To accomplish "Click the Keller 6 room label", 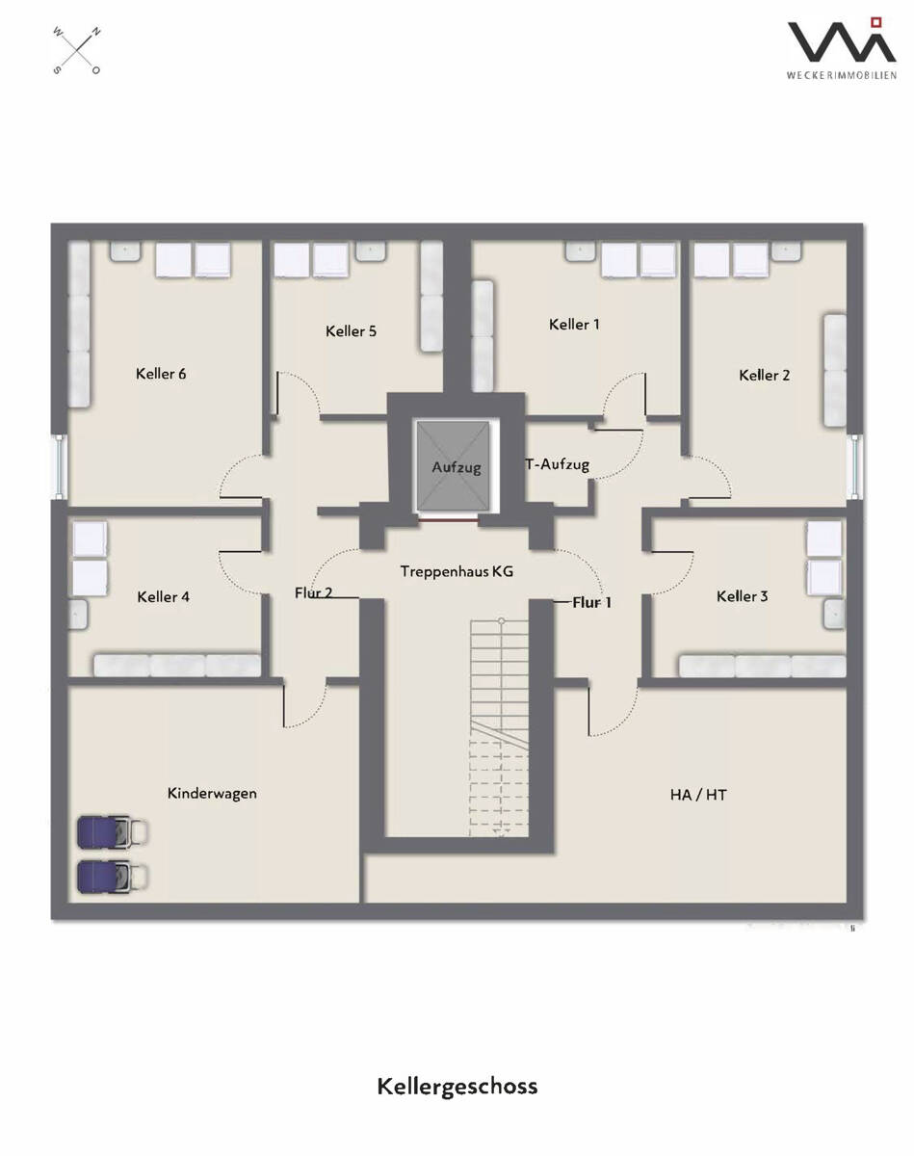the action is (x=161, y=374).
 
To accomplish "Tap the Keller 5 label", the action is (x=351, y=330).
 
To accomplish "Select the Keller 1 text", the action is (x=574, y=324).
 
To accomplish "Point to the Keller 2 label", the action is (x=764, y=375).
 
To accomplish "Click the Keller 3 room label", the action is (x=743, y=595).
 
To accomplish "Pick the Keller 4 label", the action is (x=164, y=597).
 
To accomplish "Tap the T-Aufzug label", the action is (x=558, y=464).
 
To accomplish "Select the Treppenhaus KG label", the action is (x=457, y=571).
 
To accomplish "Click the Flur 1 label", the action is (x=591, y=602).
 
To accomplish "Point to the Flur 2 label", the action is (x=314, y=592).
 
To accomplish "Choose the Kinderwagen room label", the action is (x=212, y=793).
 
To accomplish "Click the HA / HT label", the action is (x=698, y=795).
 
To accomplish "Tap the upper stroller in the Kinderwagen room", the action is (x=113, y=832).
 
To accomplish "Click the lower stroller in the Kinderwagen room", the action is (x=113, y=878).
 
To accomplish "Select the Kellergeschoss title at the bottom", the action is (x=457, y=1087).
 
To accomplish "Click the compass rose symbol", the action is (x=77, y=50).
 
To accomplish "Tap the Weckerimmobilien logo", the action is (x=842, y=48).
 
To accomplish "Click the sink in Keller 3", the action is (x=834, y=615).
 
